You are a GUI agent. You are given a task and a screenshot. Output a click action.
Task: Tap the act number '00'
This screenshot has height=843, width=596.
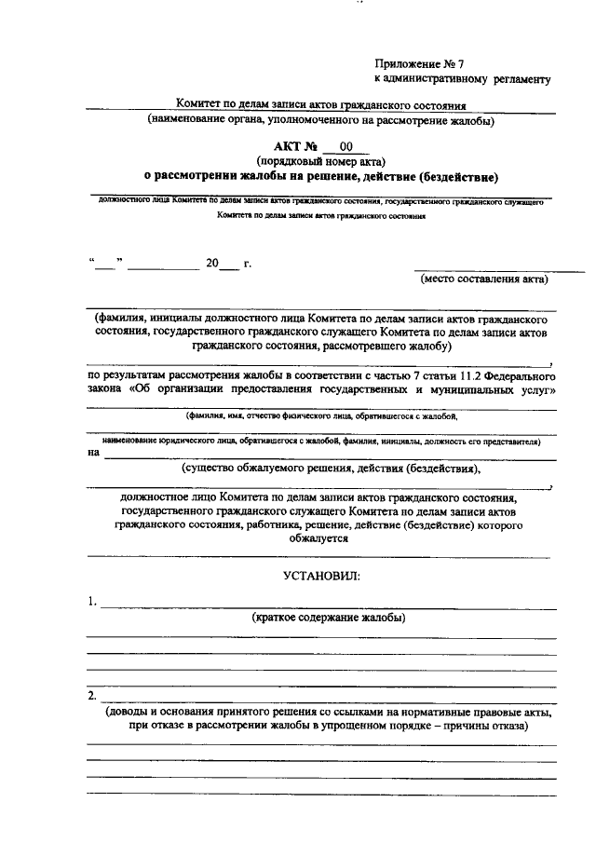pyautogui.click(x=346, y=146)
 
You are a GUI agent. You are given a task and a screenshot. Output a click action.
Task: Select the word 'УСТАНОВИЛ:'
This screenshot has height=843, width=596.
pyautogui.click(x=321, y=576)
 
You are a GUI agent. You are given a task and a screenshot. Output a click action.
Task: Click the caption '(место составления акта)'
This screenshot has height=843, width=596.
pyautogui.click(x=484, y=279)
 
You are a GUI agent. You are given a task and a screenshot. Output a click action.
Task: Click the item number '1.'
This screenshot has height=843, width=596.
pyautogui.click(x=92, y=602)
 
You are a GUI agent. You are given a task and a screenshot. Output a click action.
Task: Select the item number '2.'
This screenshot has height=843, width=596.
pyautogui.click(x=92, y=696)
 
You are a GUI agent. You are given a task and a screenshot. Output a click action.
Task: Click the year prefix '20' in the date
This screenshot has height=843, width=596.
pyautogui.click(x=212, y=264)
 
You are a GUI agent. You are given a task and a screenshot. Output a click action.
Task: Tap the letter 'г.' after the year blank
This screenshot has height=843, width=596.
pyautogui.click(x=248, y=264)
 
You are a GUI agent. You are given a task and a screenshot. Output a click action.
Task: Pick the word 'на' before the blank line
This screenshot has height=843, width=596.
pyautogui.click(x=93, y=454)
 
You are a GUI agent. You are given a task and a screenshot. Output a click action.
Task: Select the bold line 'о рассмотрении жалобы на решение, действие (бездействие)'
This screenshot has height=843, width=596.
pyautogui.click(x=321, y=175)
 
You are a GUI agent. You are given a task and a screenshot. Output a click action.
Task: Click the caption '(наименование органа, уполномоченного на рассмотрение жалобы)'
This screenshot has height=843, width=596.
pyautogui.click(x=320, y=120)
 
